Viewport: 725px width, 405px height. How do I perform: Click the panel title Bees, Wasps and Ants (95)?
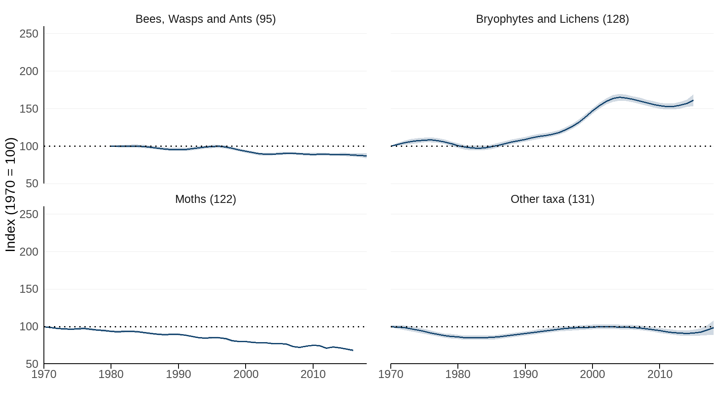(206, 19)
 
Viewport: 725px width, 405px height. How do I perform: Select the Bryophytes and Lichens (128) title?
(552, 19)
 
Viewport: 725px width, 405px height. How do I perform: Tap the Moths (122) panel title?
(206, 199)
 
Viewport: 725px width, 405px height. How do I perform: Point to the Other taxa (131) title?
(552, 199)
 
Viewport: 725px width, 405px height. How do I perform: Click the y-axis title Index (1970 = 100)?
(11, 194)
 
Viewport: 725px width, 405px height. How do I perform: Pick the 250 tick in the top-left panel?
(29, 34)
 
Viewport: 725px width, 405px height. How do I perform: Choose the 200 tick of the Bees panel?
(29, 71)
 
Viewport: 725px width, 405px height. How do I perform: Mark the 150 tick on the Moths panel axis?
(29, 289)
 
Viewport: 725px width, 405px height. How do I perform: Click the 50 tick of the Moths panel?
(32, 364)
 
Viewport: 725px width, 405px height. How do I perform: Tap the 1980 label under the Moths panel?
(111, 374)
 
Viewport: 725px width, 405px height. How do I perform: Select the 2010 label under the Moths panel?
(313, 374)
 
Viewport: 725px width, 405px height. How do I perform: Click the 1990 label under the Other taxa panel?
(525, 374)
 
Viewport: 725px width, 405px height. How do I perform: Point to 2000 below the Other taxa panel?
(592, 374)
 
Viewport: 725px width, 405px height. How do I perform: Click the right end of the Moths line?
(353, 350)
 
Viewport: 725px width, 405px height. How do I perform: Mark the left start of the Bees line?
(111, 146)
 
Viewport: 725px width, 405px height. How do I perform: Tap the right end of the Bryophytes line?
(693, 100)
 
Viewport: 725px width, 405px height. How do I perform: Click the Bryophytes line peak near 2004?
(619, 97)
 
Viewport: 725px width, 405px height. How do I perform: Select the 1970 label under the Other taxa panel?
(391, 374)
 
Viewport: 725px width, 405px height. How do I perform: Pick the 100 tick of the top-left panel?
(29, 146)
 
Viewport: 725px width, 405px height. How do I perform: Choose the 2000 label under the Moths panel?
(246, 374)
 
